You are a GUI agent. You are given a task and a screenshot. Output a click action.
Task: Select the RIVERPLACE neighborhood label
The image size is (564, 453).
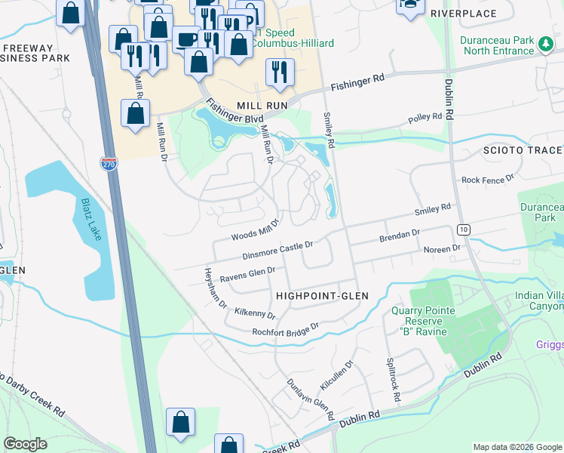(x=463, y=14)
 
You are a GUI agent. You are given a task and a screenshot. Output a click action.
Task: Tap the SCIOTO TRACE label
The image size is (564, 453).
(x=523, y=150)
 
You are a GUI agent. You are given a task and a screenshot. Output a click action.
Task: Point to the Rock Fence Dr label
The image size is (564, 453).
(x=487, y=180)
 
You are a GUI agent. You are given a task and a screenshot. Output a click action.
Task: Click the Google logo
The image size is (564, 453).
(x=26, y=444)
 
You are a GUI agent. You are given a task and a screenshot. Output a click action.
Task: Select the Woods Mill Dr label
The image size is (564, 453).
(x=255, y=225)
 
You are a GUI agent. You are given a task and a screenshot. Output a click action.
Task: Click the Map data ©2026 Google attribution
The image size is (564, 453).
(x=516, y=447)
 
